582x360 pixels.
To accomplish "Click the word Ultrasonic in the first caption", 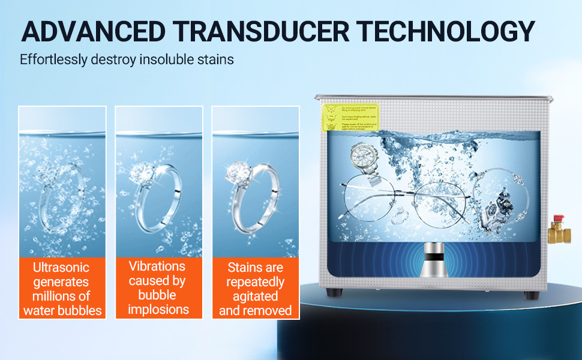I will tap(61, 268).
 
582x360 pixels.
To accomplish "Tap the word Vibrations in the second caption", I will tap(158, 266).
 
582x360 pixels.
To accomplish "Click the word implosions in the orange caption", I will tap(158, 310).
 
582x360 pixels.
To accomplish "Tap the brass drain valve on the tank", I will tap(559, 230).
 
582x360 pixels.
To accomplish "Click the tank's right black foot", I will tap(530, 295).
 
